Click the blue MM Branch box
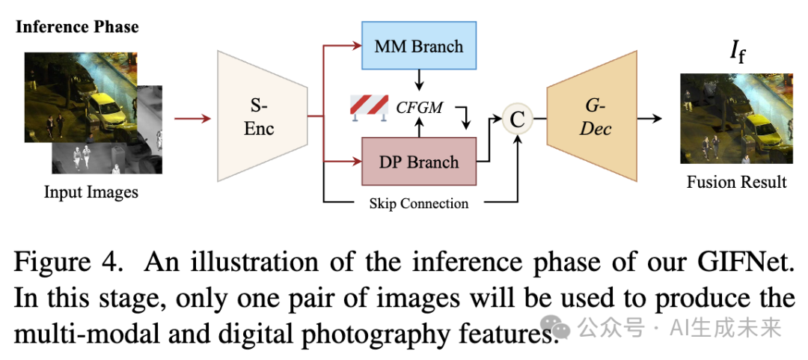419,46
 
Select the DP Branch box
419,162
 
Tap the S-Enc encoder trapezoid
263,117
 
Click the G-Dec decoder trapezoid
592,117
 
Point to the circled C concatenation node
517,119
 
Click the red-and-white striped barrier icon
369,109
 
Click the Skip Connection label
419,204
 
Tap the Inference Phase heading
77,27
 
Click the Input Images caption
91,192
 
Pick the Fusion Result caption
736,182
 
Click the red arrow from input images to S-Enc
193,119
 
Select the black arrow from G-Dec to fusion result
650,118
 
